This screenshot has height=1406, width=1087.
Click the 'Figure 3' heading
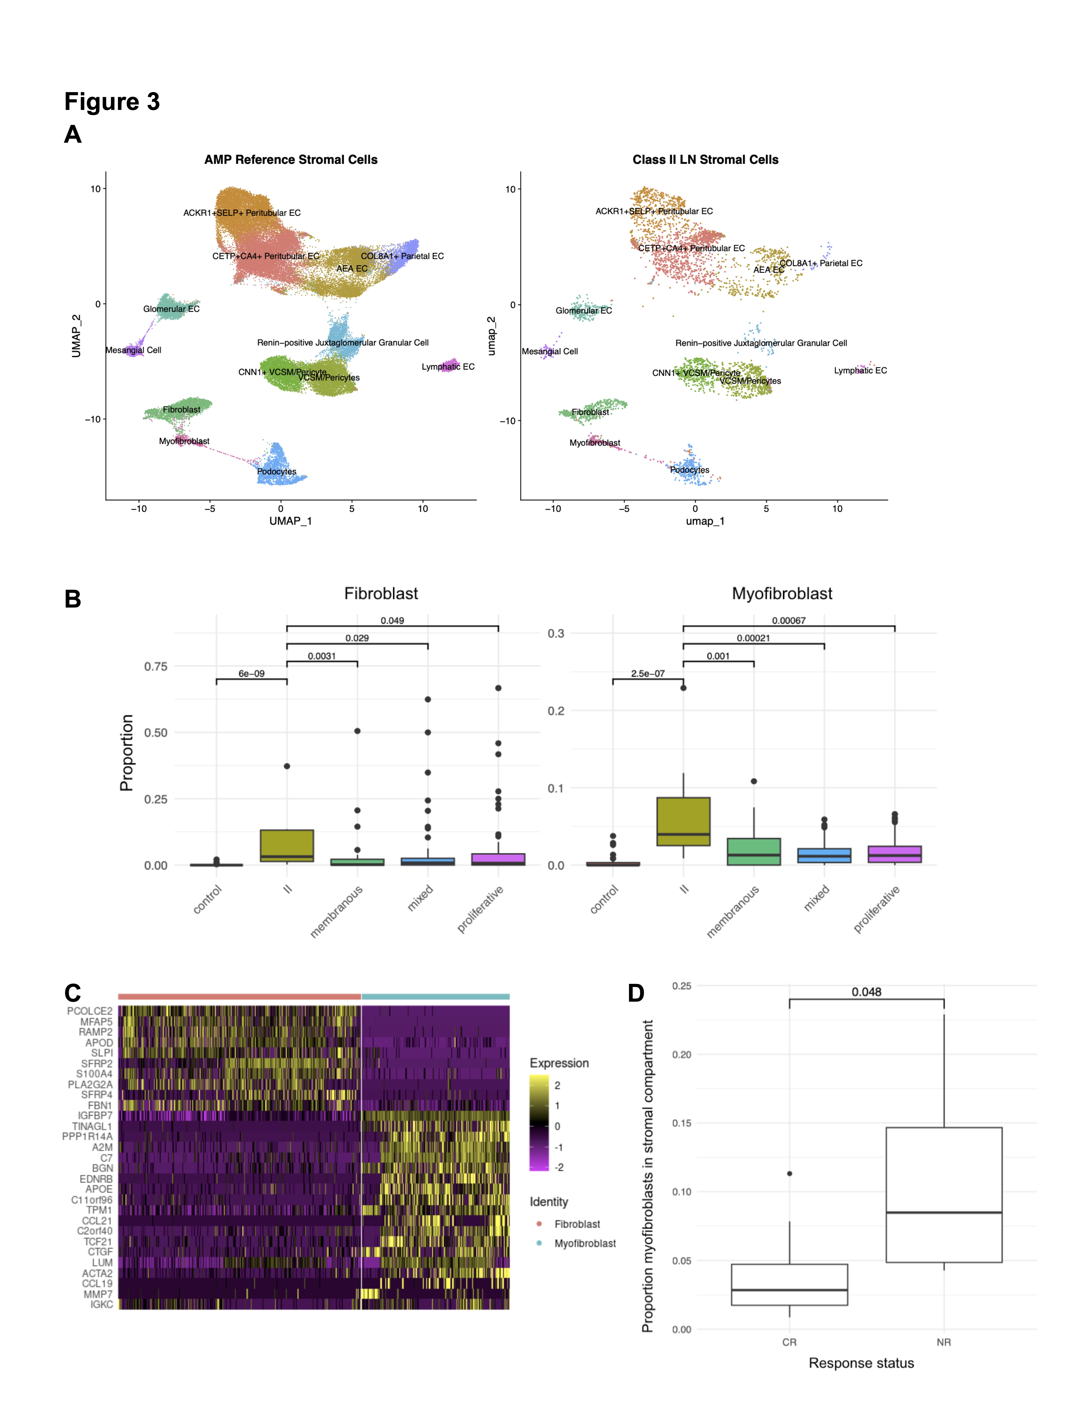pos(112,102)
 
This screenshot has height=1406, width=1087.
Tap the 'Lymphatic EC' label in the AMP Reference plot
pos(448,367)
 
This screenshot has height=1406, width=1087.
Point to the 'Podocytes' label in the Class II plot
pos(690,470)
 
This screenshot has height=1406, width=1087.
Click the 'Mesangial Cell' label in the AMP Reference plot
pos(133,350)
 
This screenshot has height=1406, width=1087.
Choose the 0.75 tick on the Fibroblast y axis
pos(156,666)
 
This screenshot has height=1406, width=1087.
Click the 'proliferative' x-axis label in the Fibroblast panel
pos(480,909)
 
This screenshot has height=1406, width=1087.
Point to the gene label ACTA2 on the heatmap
pos(97,1273)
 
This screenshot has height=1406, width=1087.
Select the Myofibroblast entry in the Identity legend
pos(585,1243)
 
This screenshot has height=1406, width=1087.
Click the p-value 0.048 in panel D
pos(866,992)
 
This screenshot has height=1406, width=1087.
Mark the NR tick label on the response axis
pos(943,1342)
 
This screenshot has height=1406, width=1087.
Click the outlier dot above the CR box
pos(789,1174)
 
